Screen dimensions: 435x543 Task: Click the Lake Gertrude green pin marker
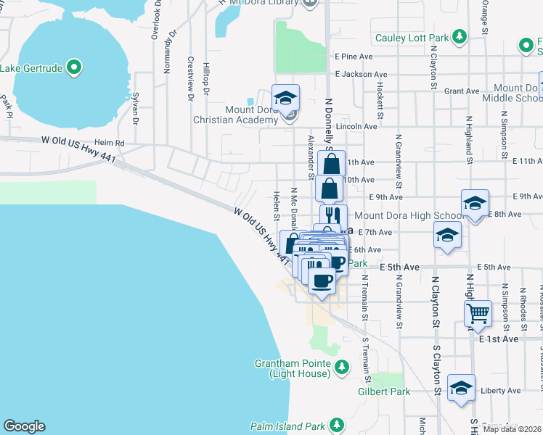(73, 68)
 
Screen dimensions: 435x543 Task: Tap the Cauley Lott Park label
(411, 38)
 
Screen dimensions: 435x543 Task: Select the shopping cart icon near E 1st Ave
(478, 313)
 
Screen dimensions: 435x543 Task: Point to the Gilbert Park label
(384, 391)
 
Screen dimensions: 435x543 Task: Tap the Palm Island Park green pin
(336, 424)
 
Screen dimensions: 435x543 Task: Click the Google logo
(24, 426)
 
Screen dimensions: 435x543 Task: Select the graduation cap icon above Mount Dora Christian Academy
(285, 97)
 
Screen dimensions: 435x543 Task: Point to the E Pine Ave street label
(354, 56)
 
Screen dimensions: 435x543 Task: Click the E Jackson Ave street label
(361, 74)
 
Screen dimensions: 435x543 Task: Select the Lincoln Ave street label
(361, 126)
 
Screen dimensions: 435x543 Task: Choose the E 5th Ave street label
(399, 268)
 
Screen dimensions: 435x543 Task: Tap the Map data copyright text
(512, 429)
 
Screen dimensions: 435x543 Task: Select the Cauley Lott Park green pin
(458, 36)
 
